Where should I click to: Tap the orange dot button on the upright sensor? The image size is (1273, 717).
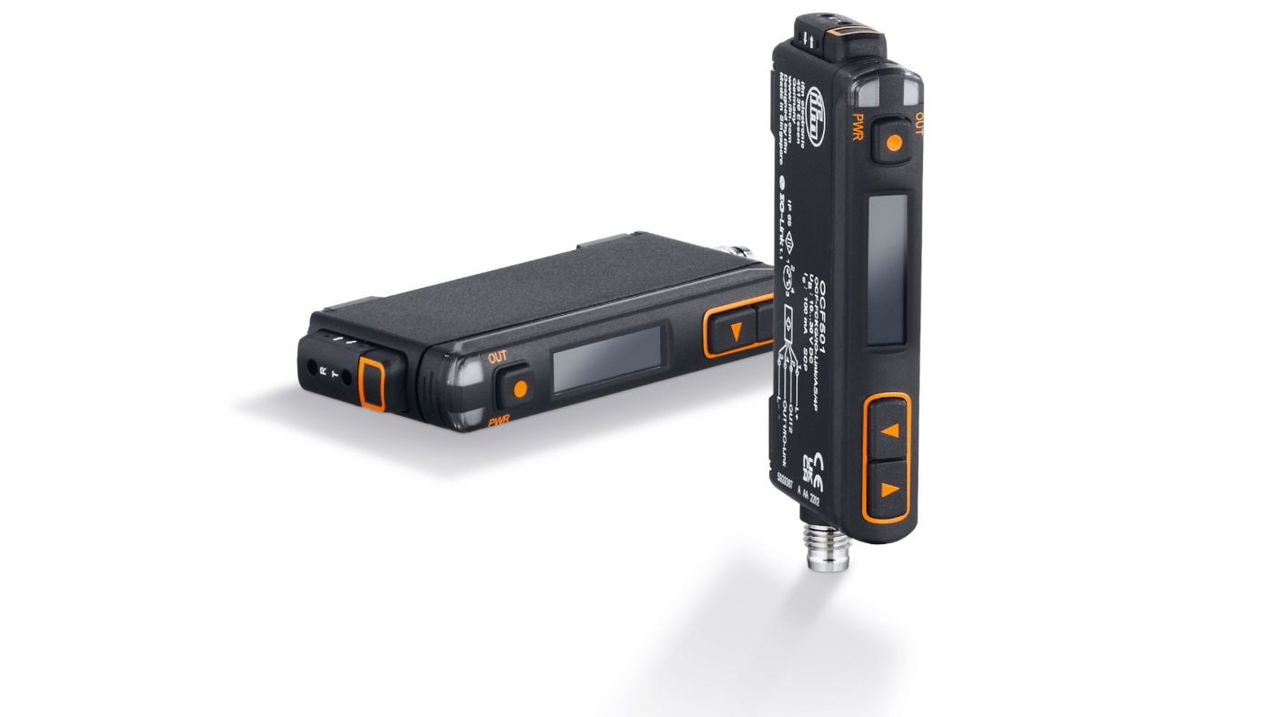pyautogui.click(x=894, y=142)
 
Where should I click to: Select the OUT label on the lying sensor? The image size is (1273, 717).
pyautogui.click(x=497, y=357)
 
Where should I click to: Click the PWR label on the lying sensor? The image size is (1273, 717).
pyautogui.click(x=498, y=421)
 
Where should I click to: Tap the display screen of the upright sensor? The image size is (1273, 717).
pyautogui.click(x=887, y=269)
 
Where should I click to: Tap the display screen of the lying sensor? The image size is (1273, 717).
pyautogui.click(x=606, y=359)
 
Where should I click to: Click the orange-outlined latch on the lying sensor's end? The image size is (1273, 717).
pyautogui.click(x=372, y=382)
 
